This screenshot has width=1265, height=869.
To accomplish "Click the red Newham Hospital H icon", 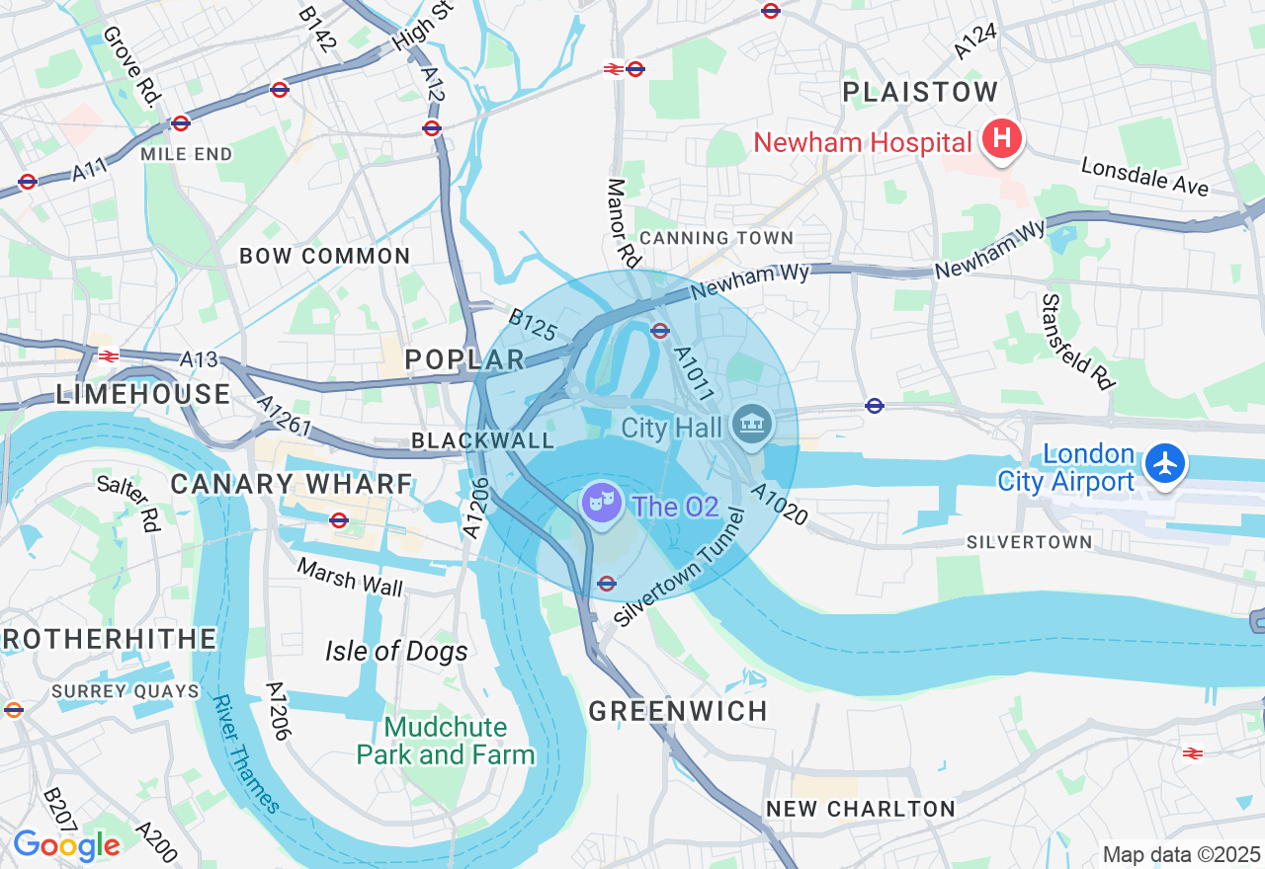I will point(1001,140).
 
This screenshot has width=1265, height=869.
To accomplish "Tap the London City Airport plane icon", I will point(1166,463).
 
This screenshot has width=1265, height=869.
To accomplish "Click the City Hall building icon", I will point(751,427).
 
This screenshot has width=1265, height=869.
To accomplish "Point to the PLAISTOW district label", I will point(921,93).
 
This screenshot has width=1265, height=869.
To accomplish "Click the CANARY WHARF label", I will point(292,484).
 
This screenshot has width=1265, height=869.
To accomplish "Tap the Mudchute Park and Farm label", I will point(445,742).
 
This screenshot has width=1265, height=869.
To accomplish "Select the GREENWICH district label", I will point(678,711).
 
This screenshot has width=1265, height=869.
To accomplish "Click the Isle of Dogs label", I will point(396,652).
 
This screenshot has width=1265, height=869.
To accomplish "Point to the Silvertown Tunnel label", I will point(679,568).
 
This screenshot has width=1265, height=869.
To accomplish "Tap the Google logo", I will point(66,845).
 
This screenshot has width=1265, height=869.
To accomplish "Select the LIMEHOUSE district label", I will point(143,395).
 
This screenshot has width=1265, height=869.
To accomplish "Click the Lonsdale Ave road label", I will point(1144,177).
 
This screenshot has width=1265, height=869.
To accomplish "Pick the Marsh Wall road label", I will point(350,578).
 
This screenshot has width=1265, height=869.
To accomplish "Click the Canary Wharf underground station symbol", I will point(339,519).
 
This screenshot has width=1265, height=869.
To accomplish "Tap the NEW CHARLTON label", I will point(861,809).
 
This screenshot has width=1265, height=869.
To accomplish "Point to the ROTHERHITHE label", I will point(109,639).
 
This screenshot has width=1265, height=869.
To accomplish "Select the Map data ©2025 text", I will point(1181,854).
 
